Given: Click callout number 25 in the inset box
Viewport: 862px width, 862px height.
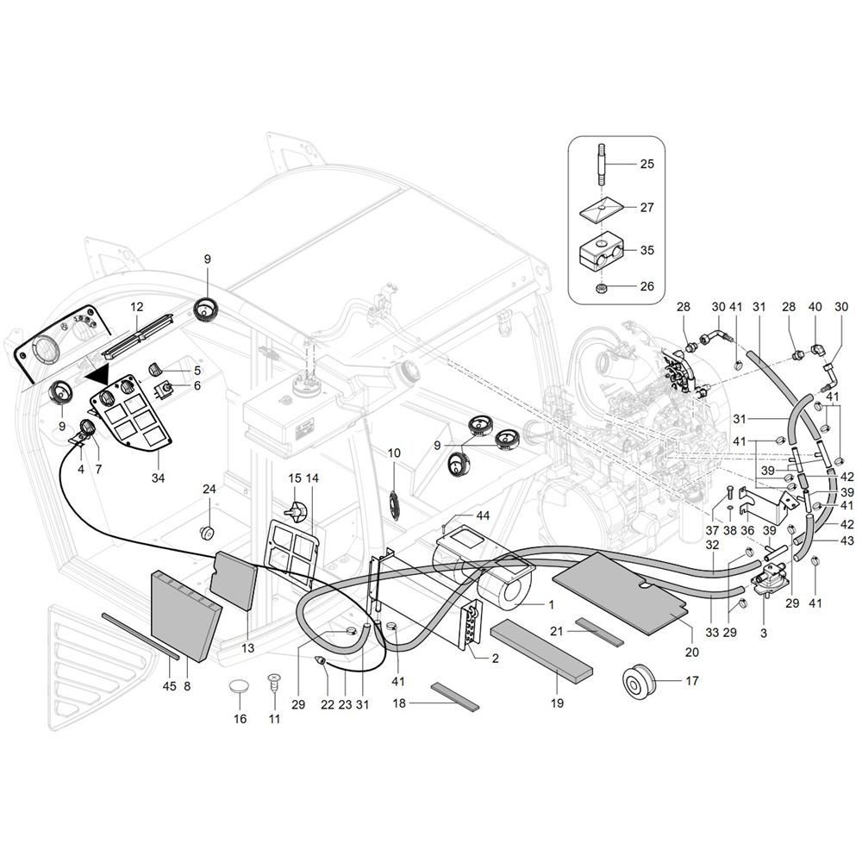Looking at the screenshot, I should click(647, 163).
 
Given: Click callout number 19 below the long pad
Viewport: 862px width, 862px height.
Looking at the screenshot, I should click(557, 703).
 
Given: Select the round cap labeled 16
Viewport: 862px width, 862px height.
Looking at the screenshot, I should click(240, 690).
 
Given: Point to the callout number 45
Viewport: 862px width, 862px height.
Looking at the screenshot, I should click(169, 686).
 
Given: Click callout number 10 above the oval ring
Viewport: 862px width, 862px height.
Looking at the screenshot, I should click(394, 453).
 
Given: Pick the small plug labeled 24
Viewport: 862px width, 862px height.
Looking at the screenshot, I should click(208, 529).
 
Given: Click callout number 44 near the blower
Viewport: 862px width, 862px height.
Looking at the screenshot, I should click(483, 515).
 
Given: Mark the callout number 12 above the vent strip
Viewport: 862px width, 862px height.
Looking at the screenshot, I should click(136, 307).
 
